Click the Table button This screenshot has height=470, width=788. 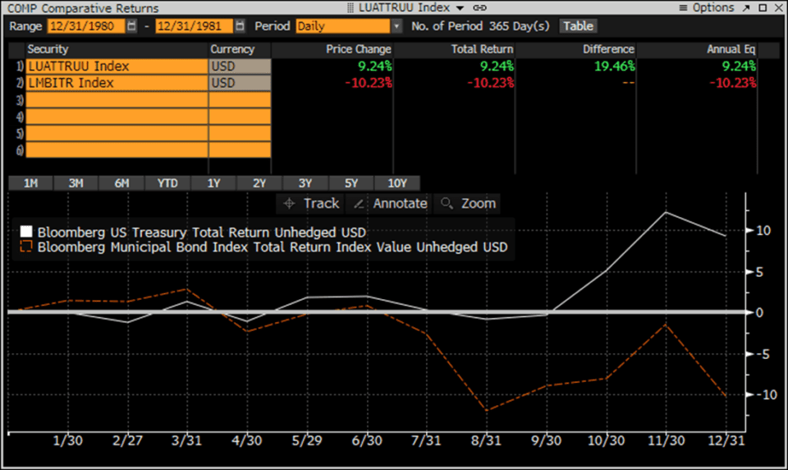578,25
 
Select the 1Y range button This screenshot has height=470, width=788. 213,183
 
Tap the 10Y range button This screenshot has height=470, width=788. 397,183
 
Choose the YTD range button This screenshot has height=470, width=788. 167,183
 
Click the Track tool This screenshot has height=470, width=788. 311,203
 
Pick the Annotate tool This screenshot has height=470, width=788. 391,203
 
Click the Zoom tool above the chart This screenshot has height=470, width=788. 469,203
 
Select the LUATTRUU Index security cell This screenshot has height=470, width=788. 117,67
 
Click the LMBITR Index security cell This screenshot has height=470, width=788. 117,83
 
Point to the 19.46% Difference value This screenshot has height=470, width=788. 609,67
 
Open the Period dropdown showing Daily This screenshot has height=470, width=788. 348,25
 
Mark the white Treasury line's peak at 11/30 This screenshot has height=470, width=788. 665,212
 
